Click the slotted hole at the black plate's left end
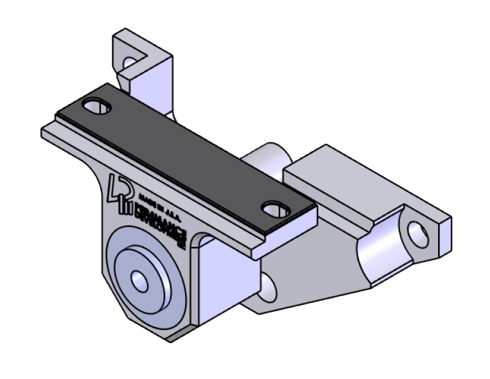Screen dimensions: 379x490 point(97,106)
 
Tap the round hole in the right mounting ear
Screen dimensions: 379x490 point(418,233)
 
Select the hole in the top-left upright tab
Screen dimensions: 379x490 point(130,63)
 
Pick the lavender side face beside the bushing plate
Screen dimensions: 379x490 point(222,279)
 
